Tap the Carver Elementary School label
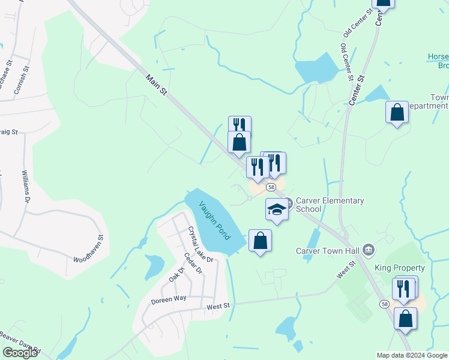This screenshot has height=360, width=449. click(x=329, y=205)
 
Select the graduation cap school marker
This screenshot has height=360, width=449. click(x=277, y=209)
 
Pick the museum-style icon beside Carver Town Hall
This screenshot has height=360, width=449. click(x=369, y=249)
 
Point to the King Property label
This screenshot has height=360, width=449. click(x=399, y=268)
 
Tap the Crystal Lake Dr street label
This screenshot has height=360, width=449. click(x=200, y=244)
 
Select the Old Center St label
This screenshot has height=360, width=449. click(x=345, y=61)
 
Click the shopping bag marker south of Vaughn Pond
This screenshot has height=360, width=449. click(x=260, y=241)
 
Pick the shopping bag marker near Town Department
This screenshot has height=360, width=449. click(x=397, y=112)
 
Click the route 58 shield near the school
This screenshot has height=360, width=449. click(x=272, y=187)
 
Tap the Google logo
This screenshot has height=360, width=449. click(x=20, y=353)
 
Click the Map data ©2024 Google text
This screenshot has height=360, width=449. click(x=411, y=355)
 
